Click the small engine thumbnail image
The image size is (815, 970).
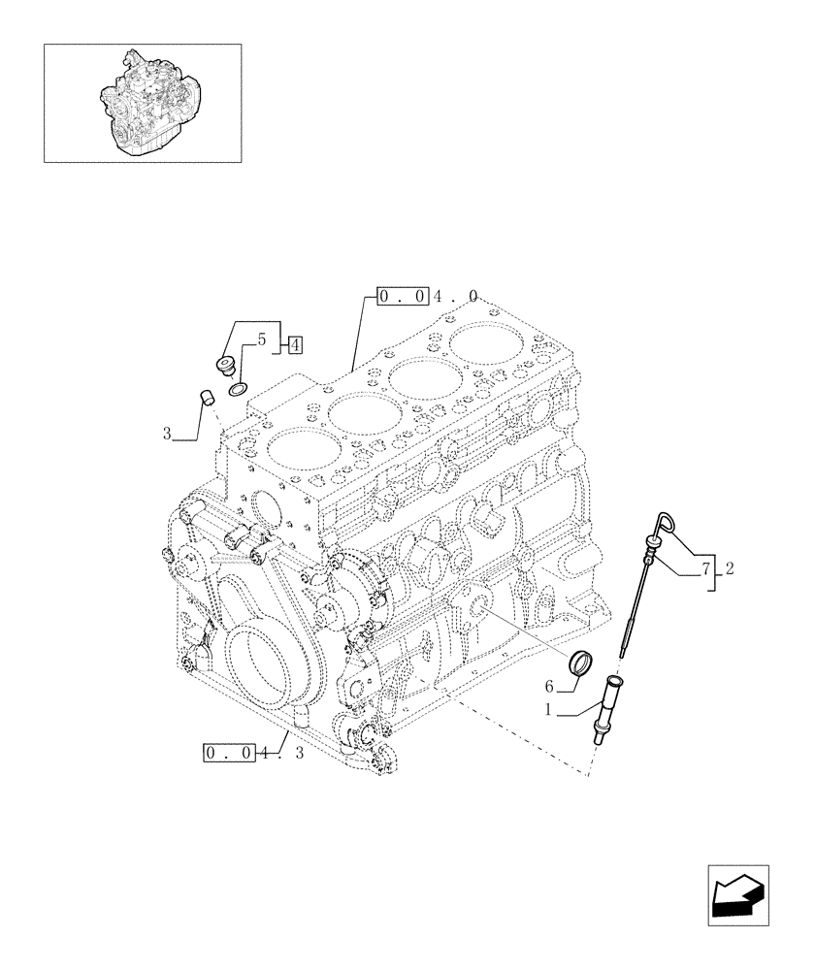pyautogui.click(x=143, y=102)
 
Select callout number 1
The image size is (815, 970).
pyautogui.click(x=548, y=710)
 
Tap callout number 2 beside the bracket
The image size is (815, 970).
pyautogui.click(x=729, y=569)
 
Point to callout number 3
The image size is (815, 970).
pyautogui.click(x=167, y=435)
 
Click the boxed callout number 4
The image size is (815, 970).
pyautogui.click(x=294, y=343)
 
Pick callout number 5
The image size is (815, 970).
pyautogui.click(x=261, y=340)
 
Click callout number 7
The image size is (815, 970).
pyautogui.click(x=706, y=569)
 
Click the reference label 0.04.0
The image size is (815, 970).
pyautogui.click(x=427, y=296)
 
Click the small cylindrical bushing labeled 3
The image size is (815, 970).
pyautogui.click(x=204, y=396)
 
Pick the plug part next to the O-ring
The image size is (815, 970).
pyautogui.click(x=225, y=366)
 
